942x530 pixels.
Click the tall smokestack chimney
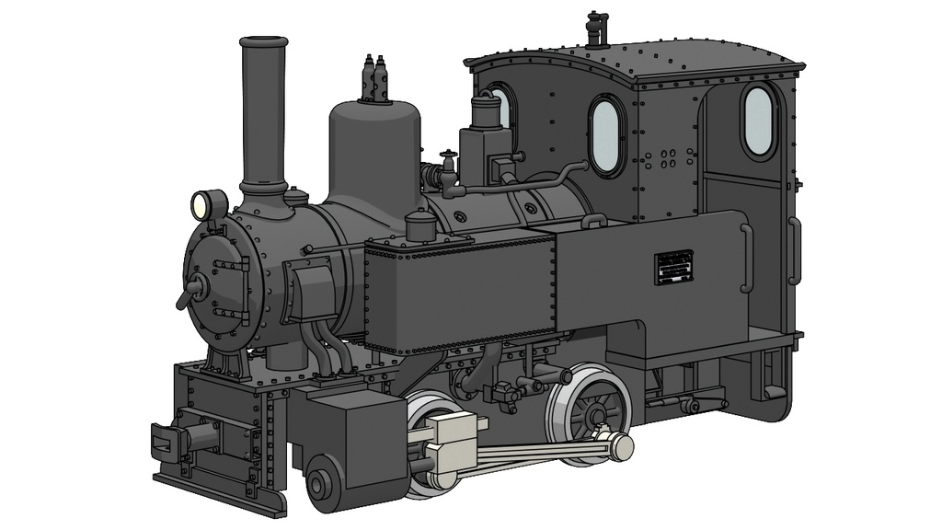point(263,110)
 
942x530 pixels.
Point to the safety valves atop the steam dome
point(374,79)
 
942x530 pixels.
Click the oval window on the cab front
point(606,135)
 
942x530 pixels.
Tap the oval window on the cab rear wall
point(758,120)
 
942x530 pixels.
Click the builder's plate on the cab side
point(673,267)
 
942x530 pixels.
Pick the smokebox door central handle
point(196,288)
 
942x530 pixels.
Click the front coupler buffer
point(171,440)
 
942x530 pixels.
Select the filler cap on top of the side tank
point(419,224)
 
